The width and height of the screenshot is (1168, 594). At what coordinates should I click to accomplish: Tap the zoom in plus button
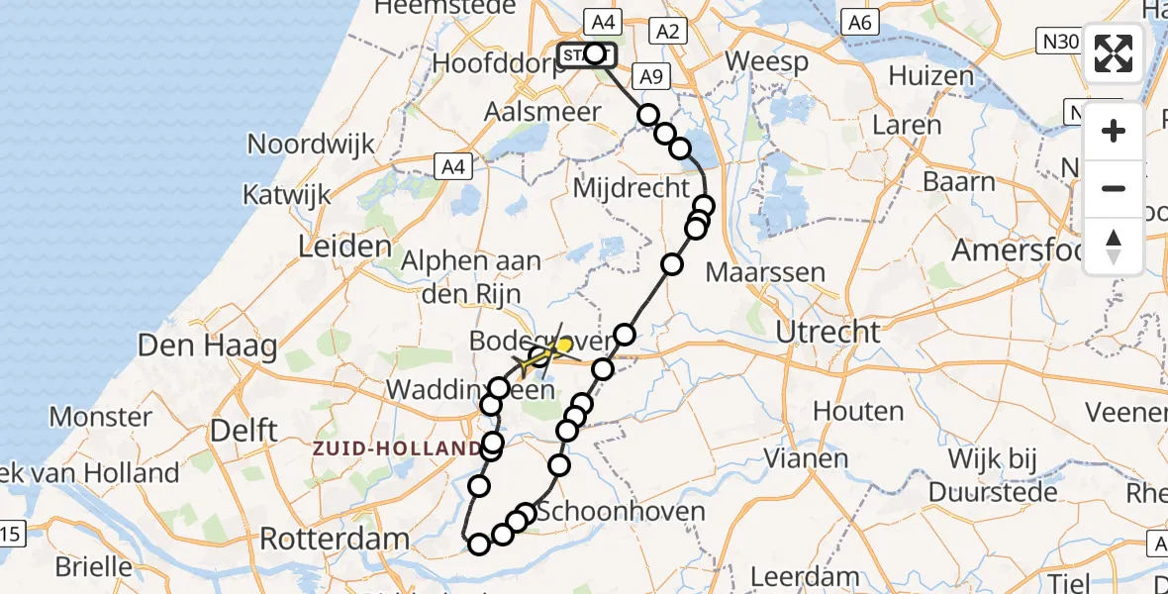point(1114,132)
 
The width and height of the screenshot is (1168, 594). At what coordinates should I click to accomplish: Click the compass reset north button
point(1114,246)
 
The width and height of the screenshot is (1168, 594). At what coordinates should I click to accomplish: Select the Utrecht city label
point(827,332)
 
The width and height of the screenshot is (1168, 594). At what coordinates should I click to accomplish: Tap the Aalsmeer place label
point(542,112)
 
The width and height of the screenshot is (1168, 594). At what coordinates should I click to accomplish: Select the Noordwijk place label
point(311,144)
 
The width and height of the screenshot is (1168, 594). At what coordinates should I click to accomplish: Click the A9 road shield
point(649,76)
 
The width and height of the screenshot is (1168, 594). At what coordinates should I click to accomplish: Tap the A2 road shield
point(667,32)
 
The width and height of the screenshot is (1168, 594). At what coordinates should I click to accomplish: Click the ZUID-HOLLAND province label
point(396,448)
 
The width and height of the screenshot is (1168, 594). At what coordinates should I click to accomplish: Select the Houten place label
point(857,410)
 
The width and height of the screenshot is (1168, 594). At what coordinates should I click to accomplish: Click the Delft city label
point(243,429)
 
